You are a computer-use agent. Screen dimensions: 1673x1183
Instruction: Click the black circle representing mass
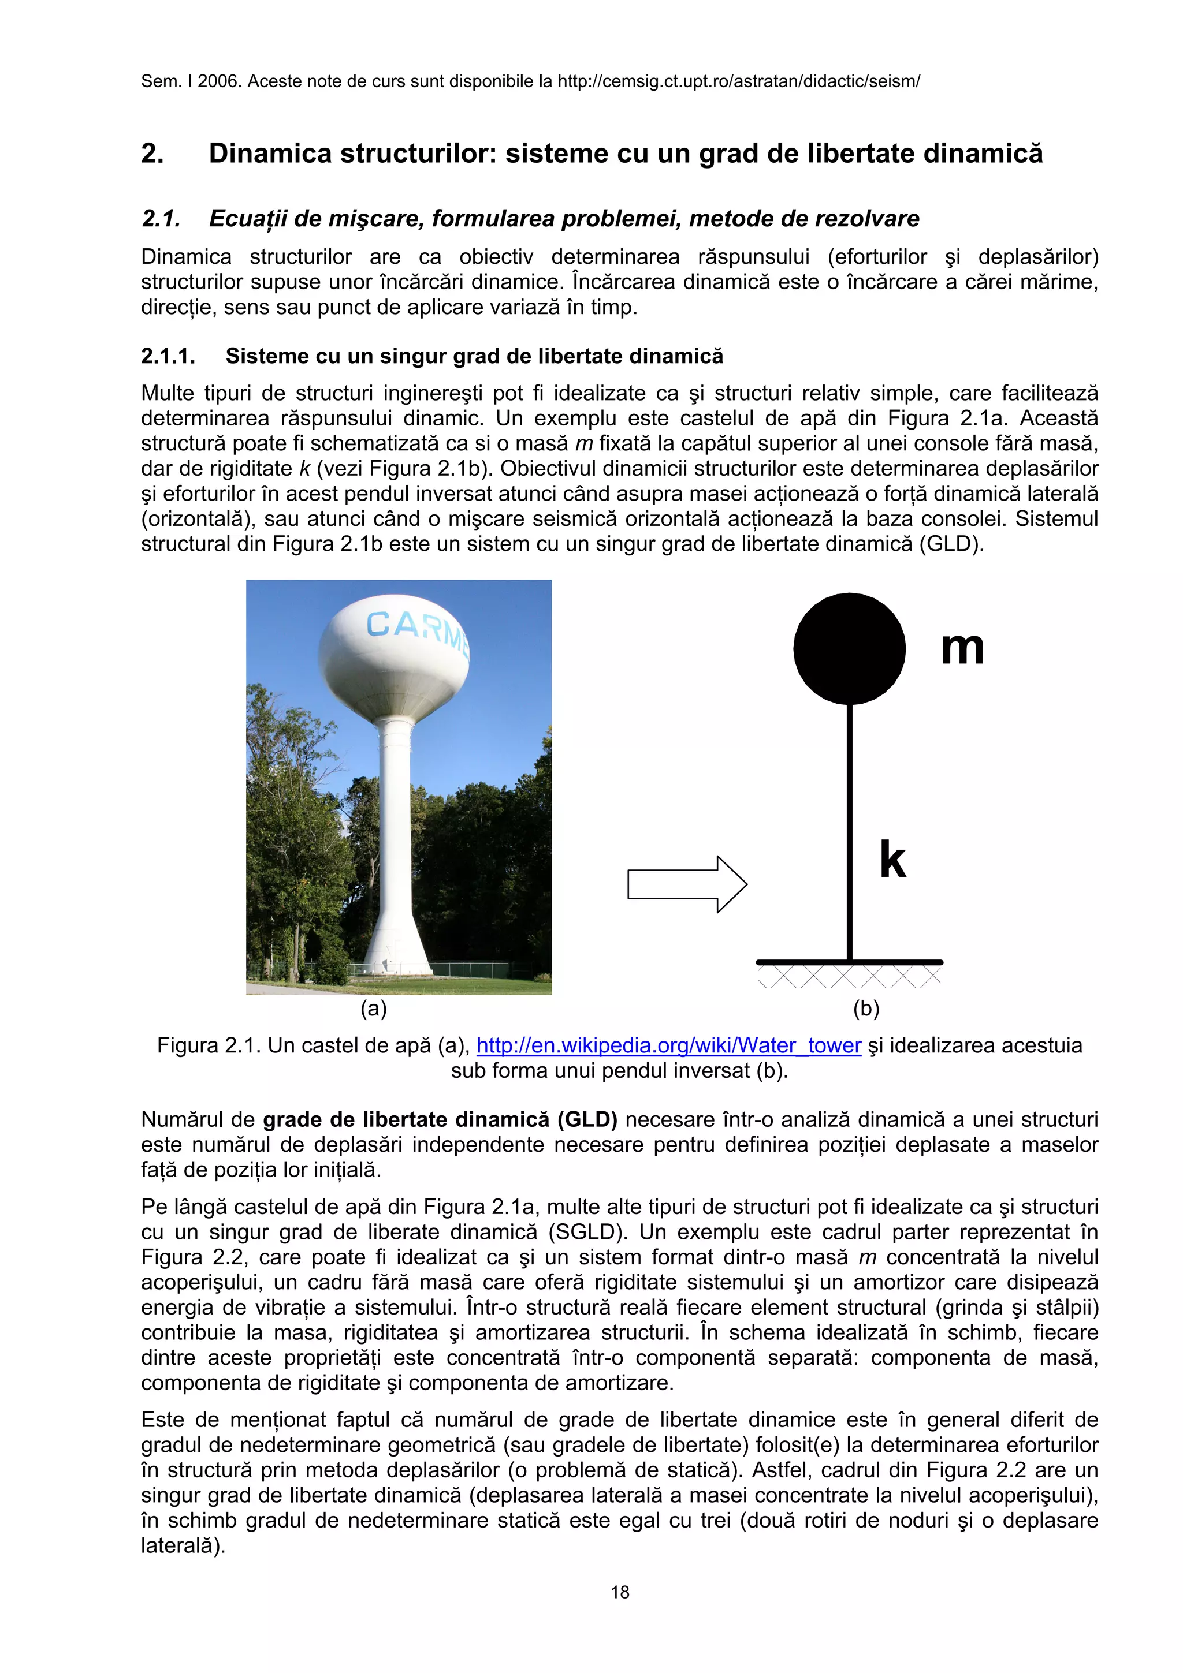coord(849,648)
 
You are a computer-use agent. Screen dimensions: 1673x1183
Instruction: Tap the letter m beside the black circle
coord(962,648)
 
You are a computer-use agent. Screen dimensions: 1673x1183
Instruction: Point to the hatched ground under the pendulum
coord(849,976)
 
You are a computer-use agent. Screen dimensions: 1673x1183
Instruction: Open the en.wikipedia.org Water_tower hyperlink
coord(668,1045)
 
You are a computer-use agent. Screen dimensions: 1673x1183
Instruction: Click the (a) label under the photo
coord(373,1009)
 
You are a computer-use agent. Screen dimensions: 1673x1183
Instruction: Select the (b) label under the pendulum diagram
coord(866,1009)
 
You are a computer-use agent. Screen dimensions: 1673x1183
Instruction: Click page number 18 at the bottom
coord(620,1592)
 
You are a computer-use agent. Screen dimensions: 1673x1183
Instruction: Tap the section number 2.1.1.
coord(168,356)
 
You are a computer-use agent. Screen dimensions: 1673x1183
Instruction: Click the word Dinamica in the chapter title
coord(270,154)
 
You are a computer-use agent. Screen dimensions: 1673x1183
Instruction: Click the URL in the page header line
coord(738,81)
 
